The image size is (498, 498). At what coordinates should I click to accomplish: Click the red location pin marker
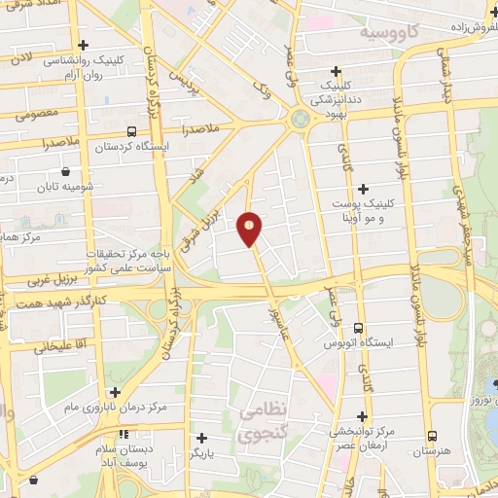(251, 229)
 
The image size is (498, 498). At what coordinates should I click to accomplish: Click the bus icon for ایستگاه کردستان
(132, 130)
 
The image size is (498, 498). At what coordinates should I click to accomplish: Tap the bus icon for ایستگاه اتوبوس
(359, 328)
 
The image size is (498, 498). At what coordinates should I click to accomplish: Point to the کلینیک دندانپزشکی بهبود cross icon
(336, 71)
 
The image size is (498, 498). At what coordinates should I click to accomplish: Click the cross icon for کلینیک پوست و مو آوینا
(364, 189)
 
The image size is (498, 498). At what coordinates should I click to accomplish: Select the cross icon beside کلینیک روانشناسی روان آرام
(83, 45)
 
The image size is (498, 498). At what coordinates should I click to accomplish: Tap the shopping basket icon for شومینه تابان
(65, 186)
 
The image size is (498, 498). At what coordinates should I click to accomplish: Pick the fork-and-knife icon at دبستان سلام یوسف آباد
(123, 435)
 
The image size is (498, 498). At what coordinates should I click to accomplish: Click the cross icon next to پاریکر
(200, 438)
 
